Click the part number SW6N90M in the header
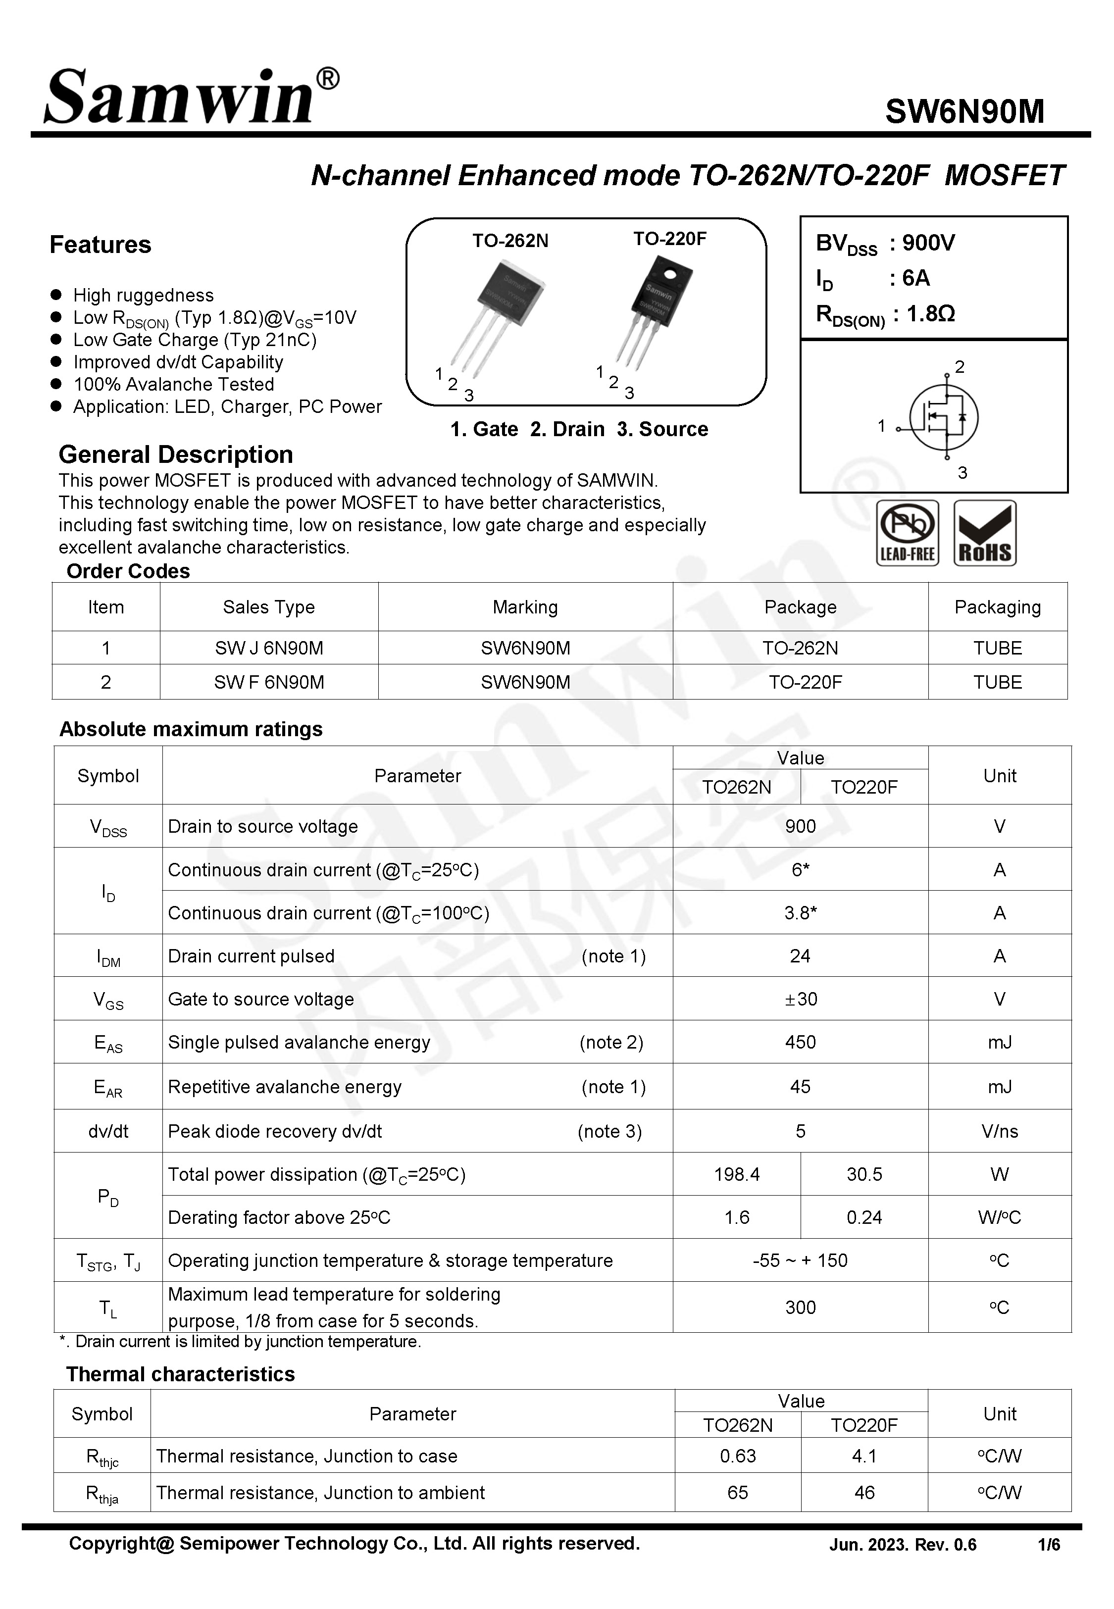coord(964,111)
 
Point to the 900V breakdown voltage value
coord(928,243)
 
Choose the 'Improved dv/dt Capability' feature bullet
coord(178,362)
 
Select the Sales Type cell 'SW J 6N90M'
coord(269,648)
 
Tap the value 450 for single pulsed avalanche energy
coord(800,1043)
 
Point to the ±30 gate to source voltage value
coord(800,999)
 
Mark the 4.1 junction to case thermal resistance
coord(863,1456)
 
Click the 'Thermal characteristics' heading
coord(180,1374)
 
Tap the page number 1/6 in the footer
coord(1048,1545)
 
